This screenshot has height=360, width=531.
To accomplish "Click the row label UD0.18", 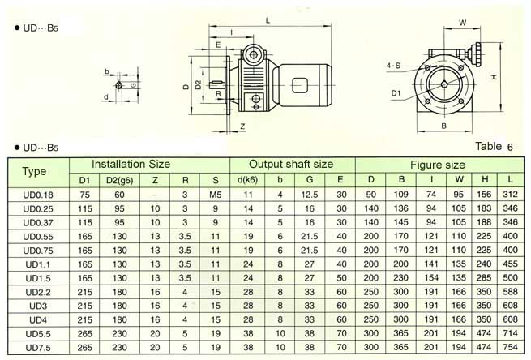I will click(34, 195).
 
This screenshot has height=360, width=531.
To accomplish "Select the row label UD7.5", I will click(34, 348).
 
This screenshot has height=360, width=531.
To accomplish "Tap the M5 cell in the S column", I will click(215, 195).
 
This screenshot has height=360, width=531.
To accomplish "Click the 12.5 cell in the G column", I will click(309, 195).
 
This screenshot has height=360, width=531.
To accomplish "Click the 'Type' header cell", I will click(34, 171).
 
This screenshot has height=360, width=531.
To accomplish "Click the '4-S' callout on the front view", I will click(393, 62).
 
